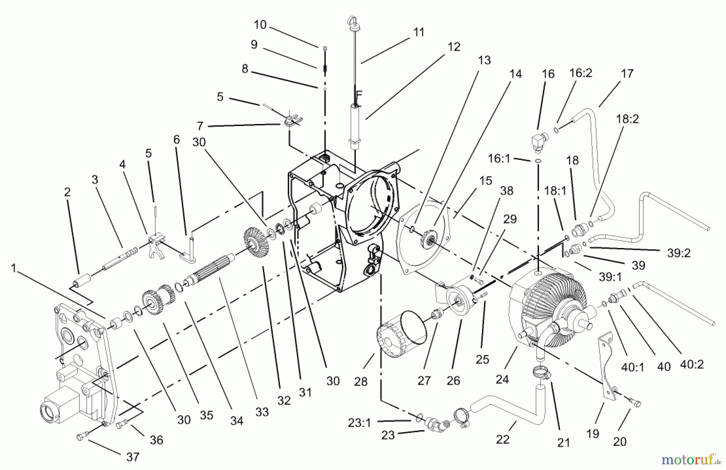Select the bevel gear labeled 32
(255, 243)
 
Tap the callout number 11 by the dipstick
(419, 32)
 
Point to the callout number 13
(484, 60)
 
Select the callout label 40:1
(633, 367)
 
